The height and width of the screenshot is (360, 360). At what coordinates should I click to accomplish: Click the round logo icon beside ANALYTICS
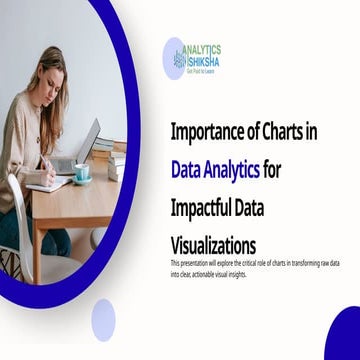pos(175,58)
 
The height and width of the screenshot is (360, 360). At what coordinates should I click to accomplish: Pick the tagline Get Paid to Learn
pos(203,70)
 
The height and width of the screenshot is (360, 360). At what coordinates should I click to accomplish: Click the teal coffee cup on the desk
pos(81,173)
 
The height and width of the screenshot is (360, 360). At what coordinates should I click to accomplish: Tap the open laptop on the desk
pos(84,146)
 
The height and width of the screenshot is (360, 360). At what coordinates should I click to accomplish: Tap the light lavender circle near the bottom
pos(104,320)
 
